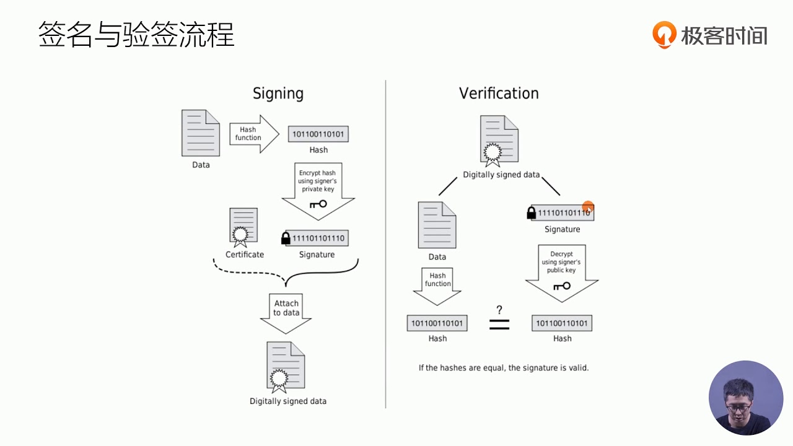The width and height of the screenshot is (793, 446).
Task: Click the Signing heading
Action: tap(278, 94)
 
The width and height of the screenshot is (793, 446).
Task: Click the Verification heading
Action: tap(499, 94)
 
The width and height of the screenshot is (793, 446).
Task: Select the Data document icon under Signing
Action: tap(200, 133)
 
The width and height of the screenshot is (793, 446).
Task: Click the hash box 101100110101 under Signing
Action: tap(318, 134)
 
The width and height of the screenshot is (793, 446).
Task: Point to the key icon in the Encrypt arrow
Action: tap(318, 204)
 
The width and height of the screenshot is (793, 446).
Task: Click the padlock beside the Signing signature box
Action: tap(286, 238)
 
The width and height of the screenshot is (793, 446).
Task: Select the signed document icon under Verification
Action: tap(499, 141)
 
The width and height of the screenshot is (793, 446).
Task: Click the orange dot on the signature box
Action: tap(588, 207)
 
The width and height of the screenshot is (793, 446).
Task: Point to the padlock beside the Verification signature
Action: tap(532, 213)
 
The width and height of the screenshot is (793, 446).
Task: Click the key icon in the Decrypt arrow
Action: tap(562, 286)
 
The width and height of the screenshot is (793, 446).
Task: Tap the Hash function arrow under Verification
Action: tap(437, 286)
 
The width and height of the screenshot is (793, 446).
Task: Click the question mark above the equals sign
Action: tap(499, 310)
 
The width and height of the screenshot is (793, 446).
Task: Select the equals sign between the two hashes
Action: tap(499, 324)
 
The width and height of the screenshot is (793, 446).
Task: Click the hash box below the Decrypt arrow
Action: tap(562, 323)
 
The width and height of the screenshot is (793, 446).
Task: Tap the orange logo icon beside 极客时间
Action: tap(664, 35)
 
